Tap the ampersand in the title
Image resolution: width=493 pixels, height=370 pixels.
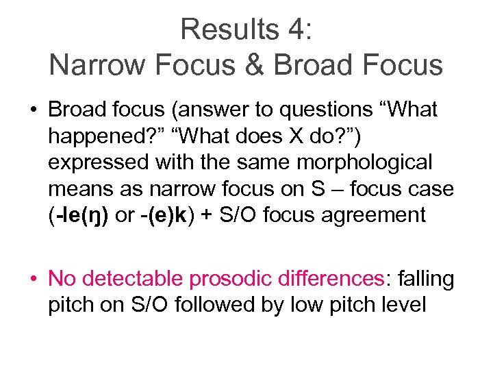pyautogui.click(x=256, y=65)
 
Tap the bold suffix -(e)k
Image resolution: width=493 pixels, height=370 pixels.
pyautogui.click(x=162, y=215)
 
